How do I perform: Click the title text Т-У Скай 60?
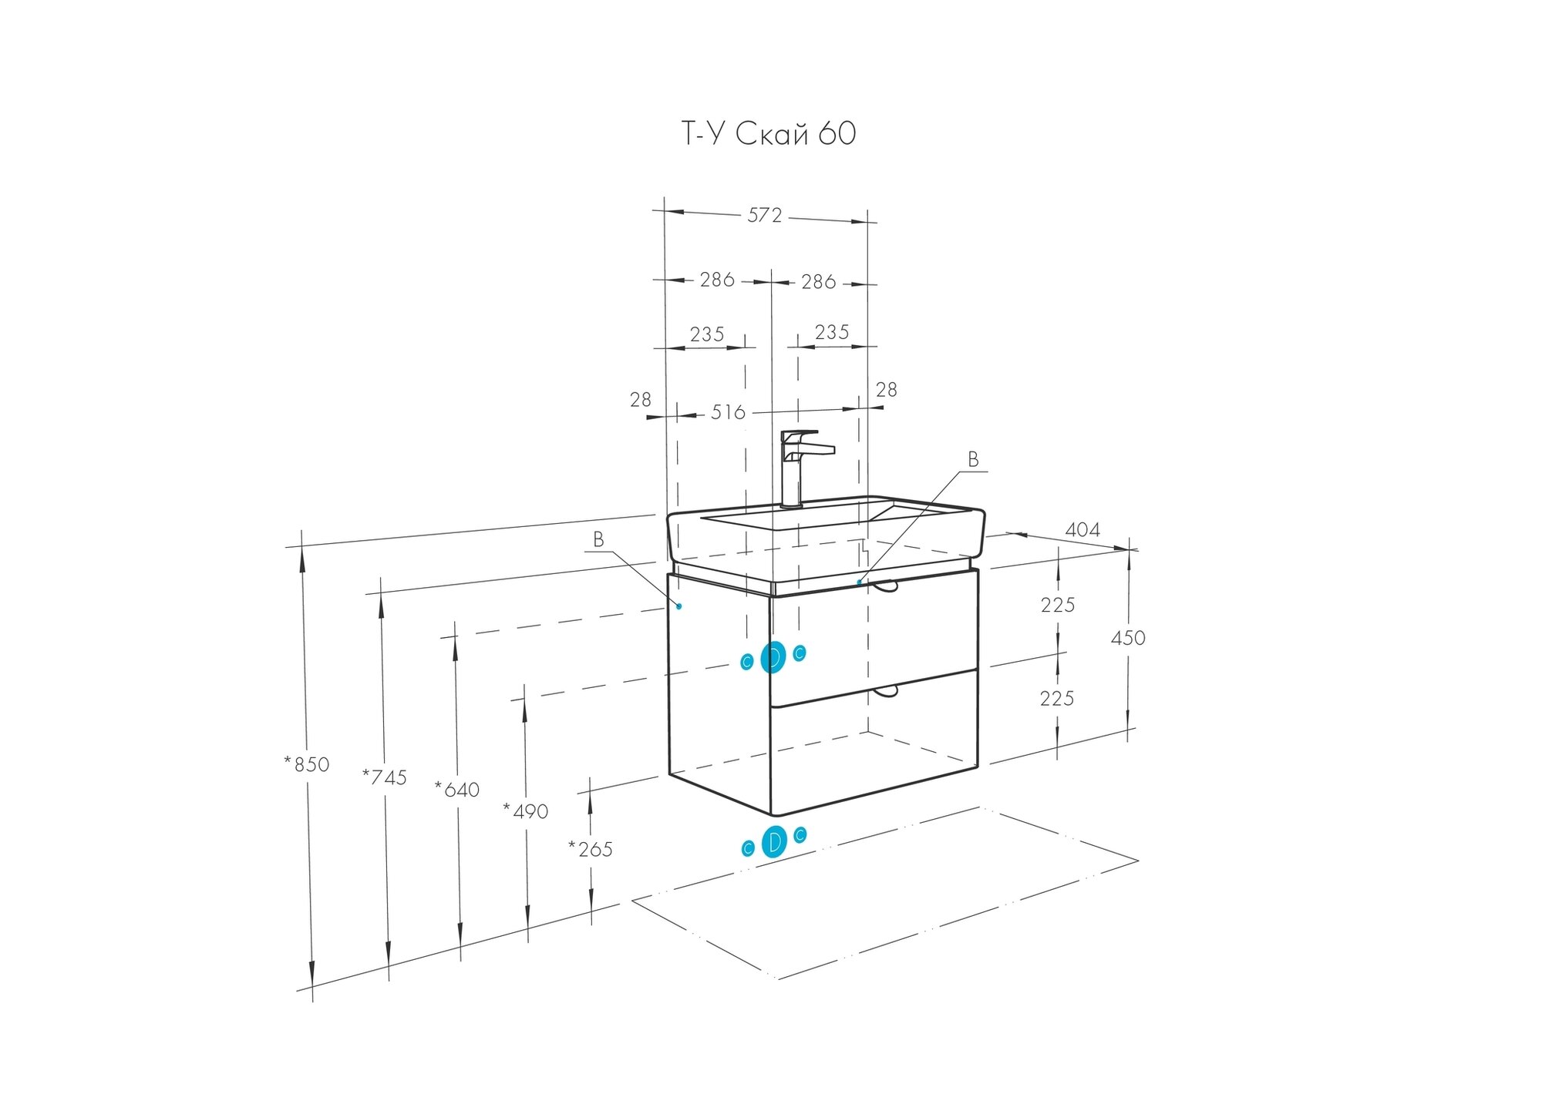click(x=768, y=134)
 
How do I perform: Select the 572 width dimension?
click(x=764, y=216)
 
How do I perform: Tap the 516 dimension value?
click(x=728, y=413)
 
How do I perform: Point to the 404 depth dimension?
click(x=1082, y=530)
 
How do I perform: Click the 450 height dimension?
click(x=1128, y=638)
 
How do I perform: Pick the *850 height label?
click(x=307, y=764)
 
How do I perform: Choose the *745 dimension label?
click(x=385, y=777)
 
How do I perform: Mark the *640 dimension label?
click(x=457, y=790)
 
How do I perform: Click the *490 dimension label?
click(x=526, y=811)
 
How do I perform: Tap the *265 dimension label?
click(x=591, y=849)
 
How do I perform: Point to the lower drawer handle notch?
click(x=886, y=691)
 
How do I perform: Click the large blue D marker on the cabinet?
click(x=773, y=657)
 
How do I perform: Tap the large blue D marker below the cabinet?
click(x=774, y=841)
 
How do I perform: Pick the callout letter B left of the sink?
click(x=598, y=540)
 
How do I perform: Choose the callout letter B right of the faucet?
click(x=973, y=460)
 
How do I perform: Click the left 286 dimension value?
click(x=717, y=280)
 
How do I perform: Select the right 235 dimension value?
click(x=832, y=332)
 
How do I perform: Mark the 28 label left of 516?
click(x=641, y=400)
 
